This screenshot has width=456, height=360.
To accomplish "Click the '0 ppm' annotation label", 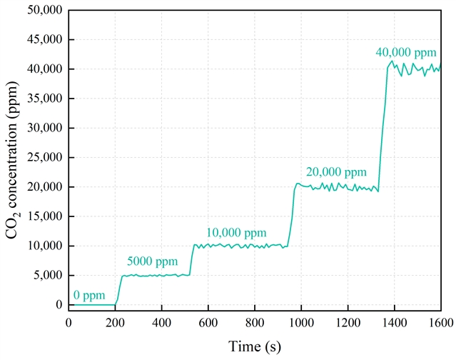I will (89, 295).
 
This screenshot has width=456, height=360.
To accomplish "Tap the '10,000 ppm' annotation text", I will (236, 232).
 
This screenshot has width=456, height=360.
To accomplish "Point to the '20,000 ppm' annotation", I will (336, 172).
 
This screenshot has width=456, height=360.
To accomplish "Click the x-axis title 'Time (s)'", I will (255, 346).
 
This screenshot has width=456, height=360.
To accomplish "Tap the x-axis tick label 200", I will (115, 321).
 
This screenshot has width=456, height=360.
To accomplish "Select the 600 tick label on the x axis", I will (208, 321).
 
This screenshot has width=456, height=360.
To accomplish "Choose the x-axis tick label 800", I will (255, 321).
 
